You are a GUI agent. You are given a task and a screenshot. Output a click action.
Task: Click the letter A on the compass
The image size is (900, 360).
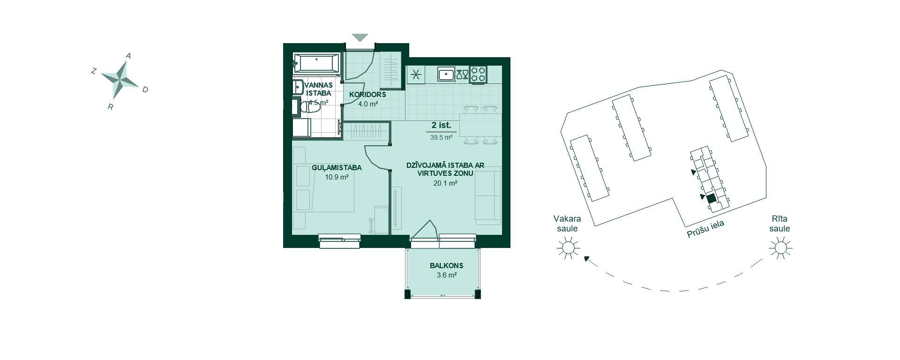point(128,56)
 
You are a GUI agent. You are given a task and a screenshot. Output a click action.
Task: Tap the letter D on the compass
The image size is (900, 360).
point(145,90)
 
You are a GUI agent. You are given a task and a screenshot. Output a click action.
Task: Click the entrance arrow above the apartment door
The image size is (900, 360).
point(360,37)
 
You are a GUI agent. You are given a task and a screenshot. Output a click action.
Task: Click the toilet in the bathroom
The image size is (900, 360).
point(309,108)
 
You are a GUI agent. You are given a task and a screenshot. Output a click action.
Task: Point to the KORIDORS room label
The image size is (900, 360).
point(367,95)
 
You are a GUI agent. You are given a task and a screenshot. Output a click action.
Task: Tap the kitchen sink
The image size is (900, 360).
point(446,74)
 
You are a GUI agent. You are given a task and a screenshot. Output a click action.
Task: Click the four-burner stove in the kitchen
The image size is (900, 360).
point(479,74)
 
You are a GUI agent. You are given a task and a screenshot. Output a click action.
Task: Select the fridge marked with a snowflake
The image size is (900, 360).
point(416,74)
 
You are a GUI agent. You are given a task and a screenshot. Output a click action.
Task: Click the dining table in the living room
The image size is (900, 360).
point(480,125)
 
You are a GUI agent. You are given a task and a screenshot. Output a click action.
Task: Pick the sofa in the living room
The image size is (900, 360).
point(488,195)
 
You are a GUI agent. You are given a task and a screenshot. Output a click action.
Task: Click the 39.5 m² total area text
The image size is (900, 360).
point(441,138)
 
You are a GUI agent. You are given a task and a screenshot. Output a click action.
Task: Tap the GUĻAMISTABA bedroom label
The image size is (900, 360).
point(337,168)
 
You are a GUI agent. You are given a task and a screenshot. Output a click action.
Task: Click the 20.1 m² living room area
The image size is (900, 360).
point(445,183)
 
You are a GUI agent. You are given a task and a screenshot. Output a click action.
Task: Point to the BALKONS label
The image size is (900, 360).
point(446,266)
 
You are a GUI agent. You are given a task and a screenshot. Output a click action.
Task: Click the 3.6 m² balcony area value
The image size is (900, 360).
point(446,275)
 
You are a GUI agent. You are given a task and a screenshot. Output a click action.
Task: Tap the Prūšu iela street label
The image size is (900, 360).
point(705,229)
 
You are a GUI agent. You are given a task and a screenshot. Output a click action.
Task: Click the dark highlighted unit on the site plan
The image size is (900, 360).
point(711,198)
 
